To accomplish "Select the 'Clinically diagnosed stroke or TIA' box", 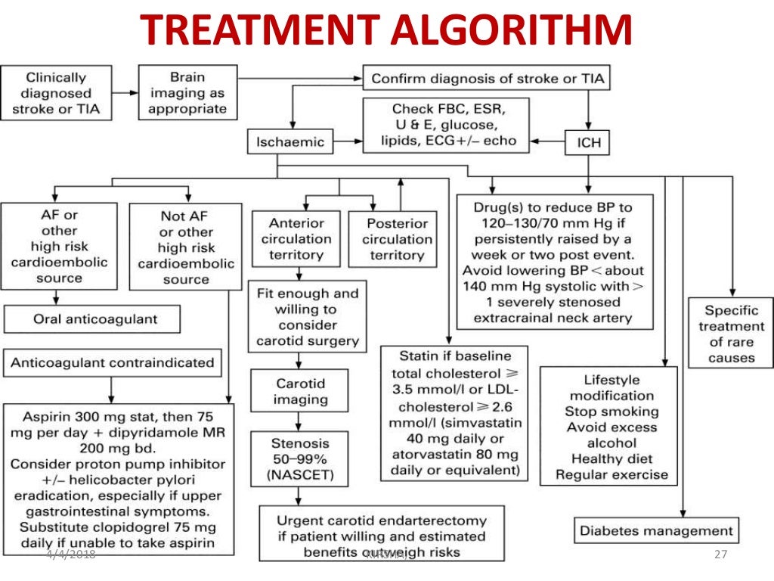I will [56, 93].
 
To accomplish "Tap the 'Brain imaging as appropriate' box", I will [187, 93].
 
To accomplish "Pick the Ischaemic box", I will [289, 141].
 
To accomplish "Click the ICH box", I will [588, 141].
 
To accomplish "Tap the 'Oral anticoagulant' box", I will [92, 319].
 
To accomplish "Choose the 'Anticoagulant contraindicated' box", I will [113, 362].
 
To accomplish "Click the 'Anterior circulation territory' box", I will [296, 239].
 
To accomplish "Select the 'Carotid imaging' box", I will [300, 391].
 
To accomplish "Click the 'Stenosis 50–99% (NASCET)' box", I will [300, 458].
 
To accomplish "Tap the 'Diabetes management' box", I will [656, 530].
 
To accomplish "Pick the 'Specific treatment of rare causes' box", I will [731, 334].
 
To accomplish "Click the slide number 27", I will [720, 555].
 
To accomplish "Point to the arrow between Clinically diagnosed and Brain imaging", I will [125, 93].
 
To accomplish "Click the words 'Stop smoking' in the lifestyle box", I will [611, 412].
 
